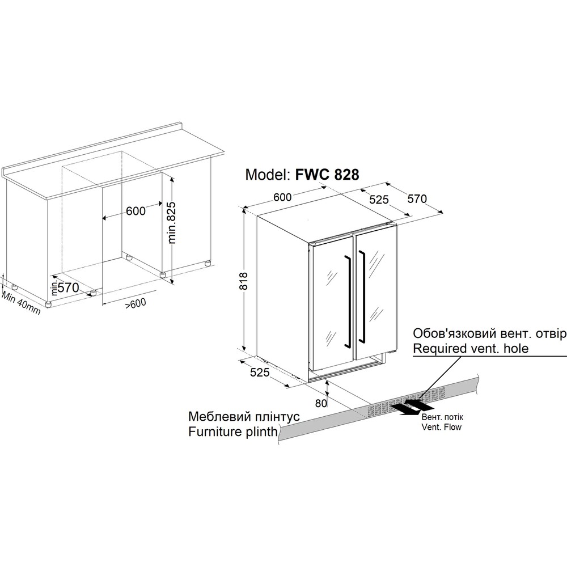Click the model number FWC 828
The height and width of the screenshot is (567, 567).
[x=327, y=175]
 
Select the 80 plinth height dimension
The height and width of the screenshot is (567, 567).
[x=321, y=403]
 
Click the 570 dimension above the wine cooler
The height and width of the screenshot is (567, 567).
[x=417, y=199]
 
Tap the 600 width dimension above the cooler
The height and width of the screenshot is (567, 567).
[x=282, y=197]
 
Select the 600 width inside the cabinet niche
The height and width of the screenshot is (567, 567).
[x=136, y=211]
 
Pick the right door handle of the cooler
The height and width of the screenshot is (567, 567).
[x=362, y=295]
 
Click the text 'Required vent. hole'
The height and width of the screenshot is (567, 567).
[x=471, y=348]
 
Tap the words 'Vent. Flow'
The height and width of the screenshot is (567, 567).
[x=442, y=427]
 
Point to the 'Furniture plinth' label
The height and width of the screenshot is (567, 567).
[x=233, y=431]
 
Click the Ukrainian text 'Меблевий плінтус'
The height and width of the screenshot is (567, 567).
[x=244, y=417]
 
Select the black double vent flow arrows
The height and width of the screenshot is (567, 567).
[x=410, y=407]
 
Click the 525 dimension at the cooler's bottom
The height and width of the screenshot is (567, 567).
[x=260, y=372]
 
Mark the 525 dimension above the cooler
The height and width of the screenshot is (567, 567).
[x=379, y=200]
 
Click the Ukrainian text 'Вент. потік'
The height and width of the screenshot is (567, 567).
[x=442, y=417]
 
